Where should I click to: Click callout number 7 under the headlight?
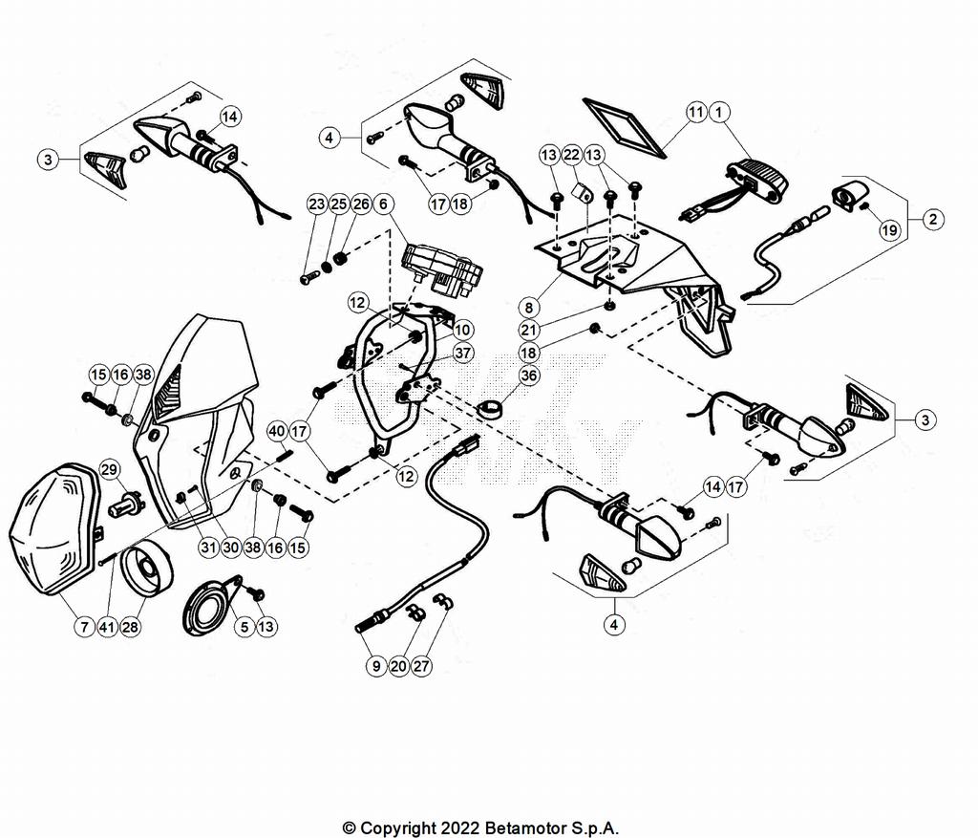[84, 627]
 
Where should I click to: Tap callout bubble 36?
[529, 376]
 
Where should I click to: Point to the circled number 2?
[931, 219]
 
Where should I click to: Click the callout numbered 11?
[696, 113]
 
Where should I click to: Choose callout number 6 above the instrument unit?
[382, 204]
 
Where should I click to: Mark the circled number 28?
[130, 627]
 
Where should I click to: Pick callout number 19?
[889, 230]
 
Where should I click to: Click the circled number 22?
[571, 155]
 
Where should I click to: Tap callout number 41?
[107, 627]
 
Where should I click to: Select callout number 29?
[109, 469]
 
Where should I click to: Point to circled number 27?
[422, 666]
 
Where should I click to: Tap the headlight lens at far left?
[53, 530]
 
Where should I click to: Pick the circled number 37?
[463, 353]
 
